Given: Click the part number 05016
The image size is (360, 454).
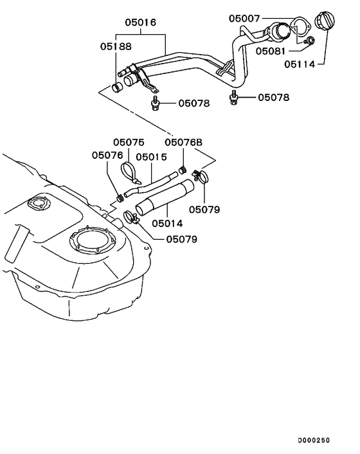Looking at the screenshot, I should [141, 23].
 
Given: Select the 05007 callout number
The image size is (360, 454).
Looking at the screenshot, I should [245, 19].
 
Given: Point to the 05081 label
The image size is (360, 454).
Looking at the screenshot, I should [271, 51].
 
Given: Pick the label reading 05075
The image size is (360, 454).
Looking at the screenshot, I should [129, 142].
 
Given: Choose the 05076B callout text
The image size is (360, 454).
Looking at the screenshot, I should [184, 142].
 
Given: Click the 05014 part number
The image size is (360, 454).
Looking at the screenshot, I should [167, 224].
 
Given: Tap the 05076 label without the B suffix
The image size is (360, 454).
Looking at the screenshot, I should [107, 155].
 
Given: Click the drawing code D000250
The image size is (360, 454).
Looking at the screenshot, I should [313, 440].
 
